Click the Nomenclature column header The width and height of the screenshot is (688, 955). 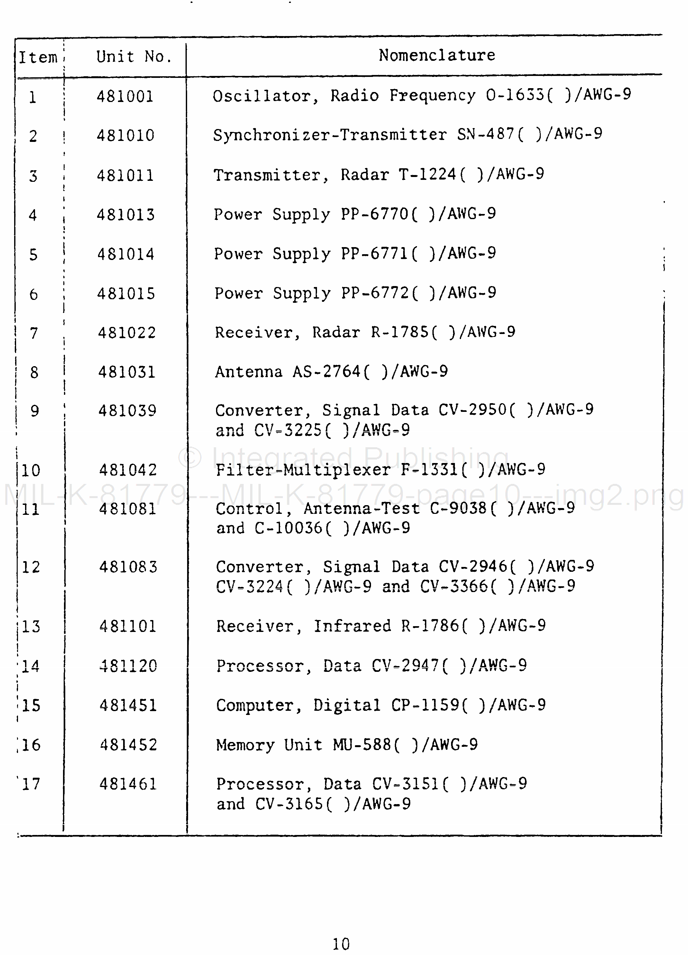click(x=437, y=55)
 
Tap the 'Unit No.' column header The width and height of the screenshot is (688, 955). click(x=133, y=56)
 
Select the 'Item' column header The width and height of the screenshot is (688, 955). click(x=38, y=57)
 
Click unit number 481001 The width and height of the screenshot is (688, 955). click(x=125, y=97)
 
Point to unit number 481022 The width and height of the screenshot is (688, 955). click(x=127, y=333)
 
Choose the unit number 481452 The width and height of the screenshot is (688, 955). click(x=128, y=745)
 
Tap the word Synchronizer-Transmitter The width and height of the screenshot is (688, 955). click(x=330, y=135)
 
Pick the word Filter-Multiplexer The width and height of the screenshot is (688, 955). click(x=303, y=470)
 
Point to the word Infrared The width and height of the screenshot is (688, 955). click(x=353, y=626)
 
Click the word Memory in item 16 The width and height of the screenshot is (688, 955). click(x=245, y=745)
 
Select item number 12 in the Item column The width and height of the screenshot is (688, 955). click(x=31, y=567)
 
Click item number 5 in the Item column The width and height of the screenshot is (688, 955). click(x=33, y=255)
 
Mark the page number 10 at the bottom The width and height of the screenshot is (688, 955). click(x=341, y=944)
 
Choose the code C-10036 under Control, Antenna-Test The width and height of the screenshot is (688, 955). click(x=289, y=528)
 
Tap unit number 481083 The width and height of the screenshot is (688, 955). click(x=128, y=567)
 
